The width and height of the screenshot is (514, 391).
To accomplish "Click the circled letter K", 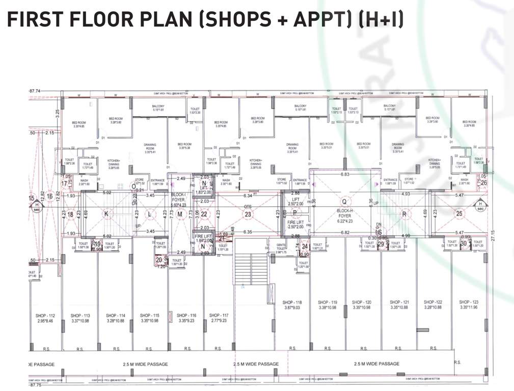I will pyautogui.click(x=106, y=214).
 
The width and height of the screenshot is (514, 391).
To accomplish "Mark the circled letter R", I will pyautogui.click(x=404, y=214).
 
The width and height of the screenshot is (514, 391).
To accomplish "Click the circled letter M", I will pyautogui.click(x=180, y=214).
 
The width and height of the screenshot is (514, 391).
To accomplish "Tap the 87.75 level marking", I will pyautogui.click(x=37, y=385).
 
